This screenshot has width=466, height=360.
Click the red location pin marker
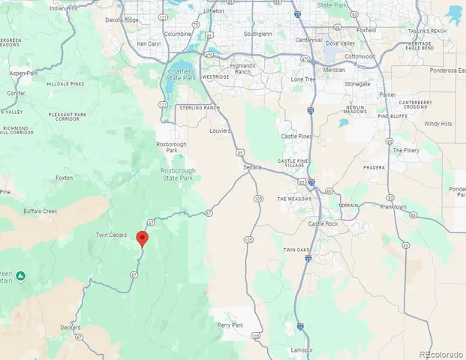click(x=142, y=238)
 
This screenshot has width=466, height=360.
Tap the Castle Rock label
click(x=325, y=224)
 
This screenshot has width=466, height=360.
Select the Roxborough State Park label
click(x=177, y=174)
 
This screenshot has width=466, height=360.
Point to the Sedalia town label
click(x=252, y=167)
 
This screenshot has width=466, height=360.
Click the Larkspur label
click(x=302, y=349)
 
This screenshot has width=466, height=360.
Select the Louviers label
click(x=220, y=130)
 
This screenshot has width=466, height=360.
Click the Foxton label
click(x=64, y=178)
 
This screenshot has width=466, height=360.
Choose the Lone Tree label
click(x=303, y=79)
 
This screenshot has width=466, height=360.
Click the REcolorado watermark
click(x=440, y=353)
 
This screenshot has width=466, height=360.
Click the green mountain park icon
click(x=22, y=277)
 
